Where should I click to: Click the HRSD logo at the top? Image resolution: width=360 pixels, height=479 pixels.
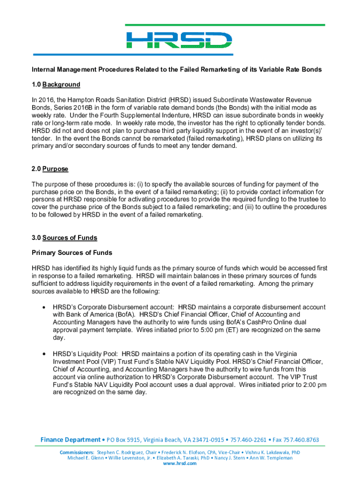pos(180,39)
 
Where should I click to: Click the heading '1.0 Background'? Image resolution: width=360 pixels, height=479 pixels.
pos(56,85)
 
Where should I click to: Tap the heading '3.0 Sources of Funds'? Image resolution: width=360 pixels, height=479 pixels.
pos(64,238)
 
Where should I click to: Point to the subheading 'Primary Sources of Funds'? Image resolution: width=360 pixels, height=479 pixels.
pos(72,253)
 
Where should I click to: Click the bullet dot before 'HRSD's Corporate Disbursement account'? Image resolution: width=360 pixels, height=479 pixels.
pos(43,307)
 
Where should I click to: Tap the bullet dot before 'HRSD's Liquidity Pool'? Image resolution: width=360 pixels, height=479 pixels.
pos(43,354)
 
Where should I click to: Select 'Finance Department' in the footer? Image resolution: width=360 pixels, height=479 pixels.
pos(70,440)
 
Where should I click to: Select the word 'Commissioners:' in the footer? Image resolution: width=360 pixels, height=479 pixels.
pos(77,452)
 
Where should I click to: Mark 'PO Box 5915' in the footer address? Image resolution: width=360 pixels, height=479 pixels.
pos(123,440)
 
